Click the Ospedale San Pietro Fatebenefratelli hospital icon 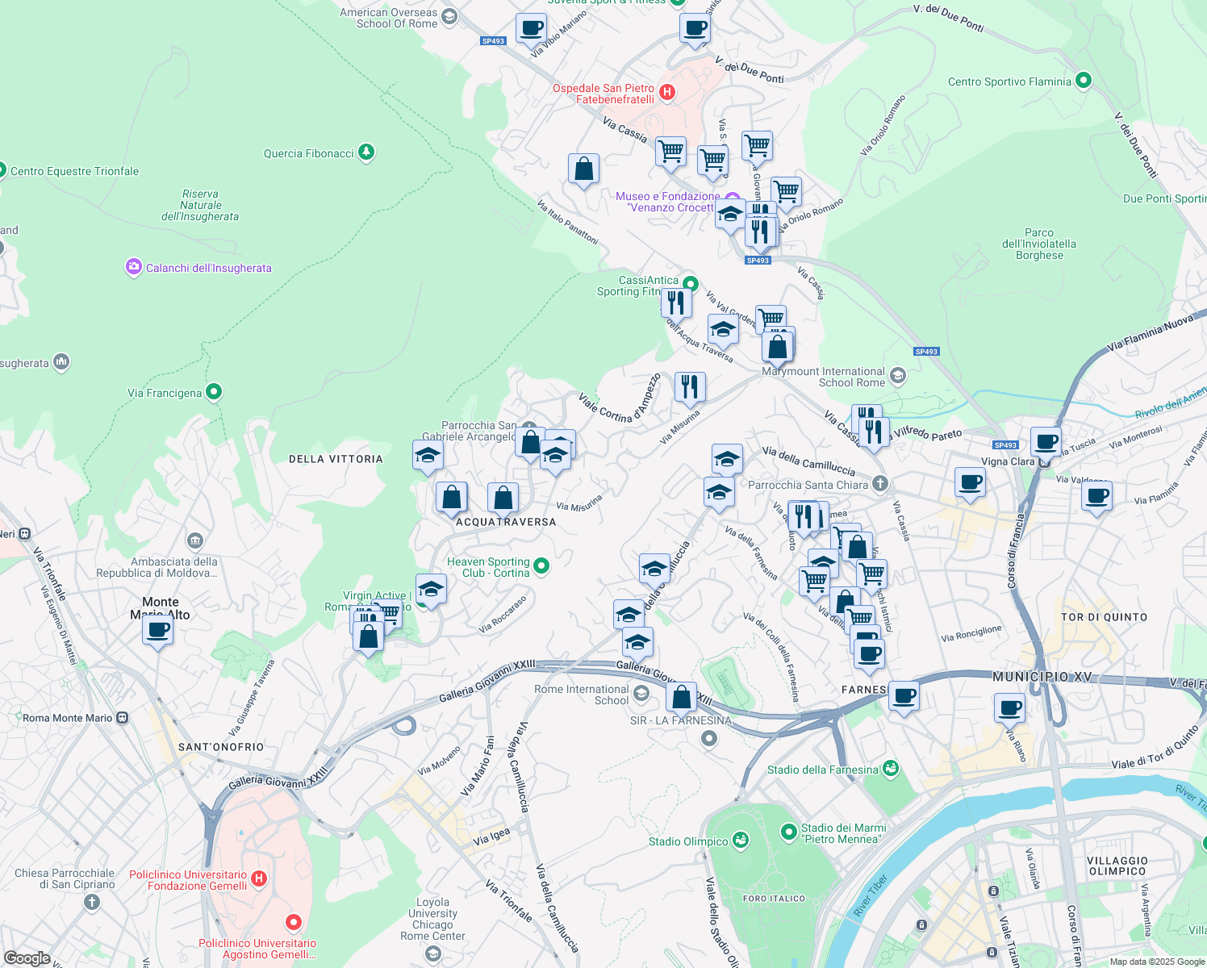click(x=667, y=93)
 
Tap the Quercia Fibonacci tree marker click(x=366, y=152)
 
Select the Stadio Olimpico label click(x=688, y=841)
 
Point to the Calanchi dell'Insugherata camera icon click(x=133, y=267)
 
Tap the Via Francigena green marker click(x=214, y=392)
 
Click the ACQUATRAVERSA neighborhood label click(x=506, y=522)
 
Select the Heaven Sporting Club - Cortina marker click(x=542, y=566)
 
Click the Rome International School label click(x=581, y=695)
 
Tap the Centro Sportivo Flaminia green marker click(x=1084, y=81)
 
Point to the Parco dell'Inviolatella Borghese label click(x=1039, y=244)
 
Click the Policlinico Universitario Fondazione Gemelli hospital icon click(x=258, y=878)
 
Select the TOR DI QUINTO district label click(x=1104, y=617)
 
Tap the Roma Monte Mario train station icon click(x=122, y=717)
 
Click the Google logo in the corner click(x=27, y=958)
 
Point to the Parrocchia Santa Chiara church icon click(x=880, y=484)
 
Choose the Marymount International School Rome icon click(x=898, y=376)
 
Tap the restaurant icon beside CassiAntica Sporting click(x=676, y=303)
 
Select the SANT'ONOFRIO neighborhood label click(x=221, y=747)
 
